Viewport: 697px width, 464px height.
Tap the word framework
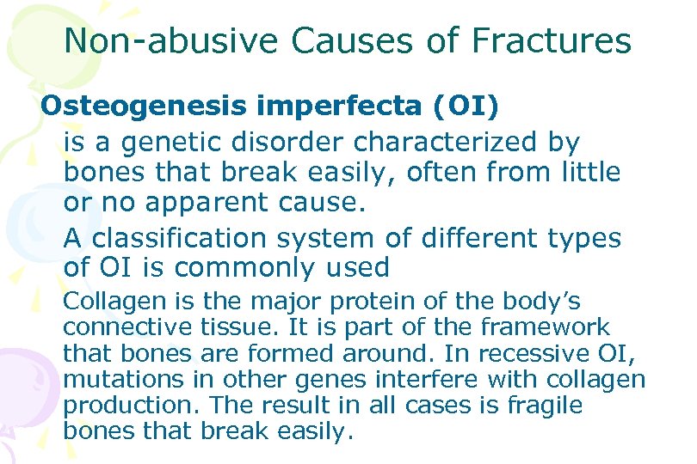(x=544, y=327)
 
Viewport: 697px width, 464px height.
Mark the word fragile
(x=544, y=405)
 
